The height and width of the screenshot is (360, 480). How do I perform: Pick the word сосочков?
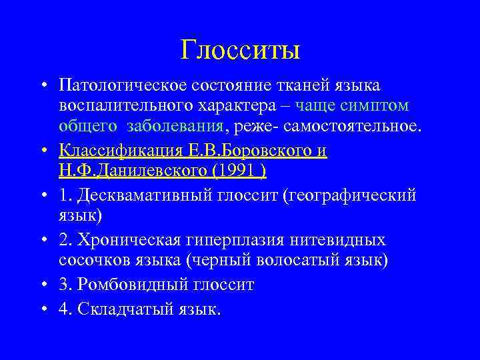tap(89, 260)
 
